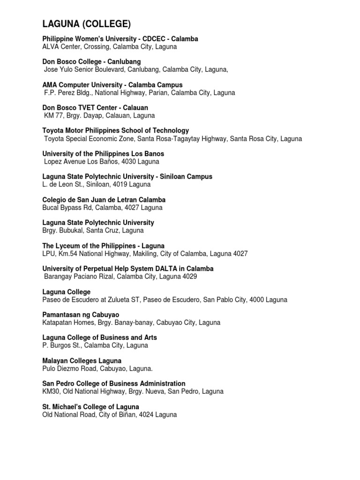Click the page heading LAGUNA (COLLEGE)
(x=86, y=24)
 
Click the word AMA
(x=50, y=85)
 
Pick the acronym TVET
(x=89, y=108)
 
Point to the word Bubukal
(x=72, y=231)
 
